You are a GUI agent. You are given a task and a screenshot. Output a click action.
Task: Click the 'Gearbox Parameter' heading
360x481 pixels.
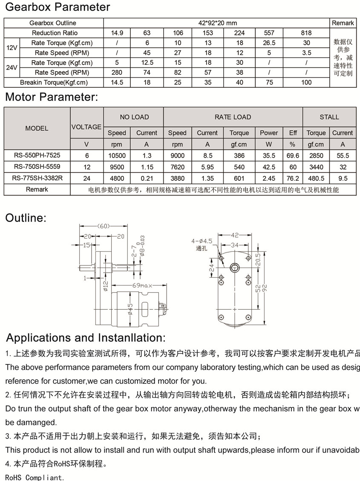click(x=58, y=7)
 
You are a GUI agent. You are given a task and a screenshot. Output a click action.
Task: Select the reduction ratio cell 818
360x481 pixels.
click(x=306, y=33)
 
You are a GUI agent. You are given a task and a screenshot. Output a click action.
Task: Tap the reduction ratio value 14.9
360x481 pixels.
click(x=117, y=33)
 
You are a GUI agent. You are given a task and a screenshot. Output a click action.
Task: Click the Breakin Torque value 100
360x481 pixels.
click(x=306, y=82)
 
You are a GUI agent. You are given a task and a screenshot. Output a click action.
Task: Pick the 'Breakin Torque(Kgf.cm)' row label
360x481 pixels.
click(x=54, y=82)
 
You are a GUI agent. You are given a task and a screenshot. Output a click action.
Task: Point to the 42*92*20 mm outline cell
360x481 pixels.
click(x=217, y=23)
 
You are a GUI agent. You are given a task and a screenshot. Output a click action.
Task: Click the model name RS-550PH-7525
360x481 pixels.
click(x=37, y=156)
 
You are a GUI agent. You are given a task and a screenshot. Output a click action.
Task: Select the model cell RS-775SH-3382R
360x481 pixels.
click(x=37, y=178)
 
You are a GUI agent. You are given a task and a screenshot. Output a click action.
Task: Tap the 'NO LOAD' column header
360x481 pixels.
click(x=134, y=117)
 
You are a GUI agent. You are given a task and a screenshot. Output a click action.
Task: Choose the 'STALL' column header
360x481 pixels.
click(x=329, y=117)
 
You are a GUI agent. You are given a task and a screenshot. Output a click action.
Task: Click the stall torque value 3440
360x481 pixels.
click(x=316, y=167)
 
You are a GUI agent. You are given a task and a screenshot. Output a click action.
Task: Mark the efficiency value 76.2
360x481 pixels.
click(x=293, y=178)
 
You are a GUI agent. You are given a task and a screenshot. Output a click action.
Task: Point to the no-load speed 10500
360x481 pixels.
click(x=117, y=156)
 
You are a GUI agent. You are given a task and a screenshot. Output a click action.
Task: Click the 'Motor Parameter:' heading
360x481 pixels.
click(x=52, y=97)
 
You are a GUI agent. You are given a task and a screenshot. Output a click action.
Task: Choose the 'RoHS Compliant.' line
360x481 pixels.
click(x=35, y=477)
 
